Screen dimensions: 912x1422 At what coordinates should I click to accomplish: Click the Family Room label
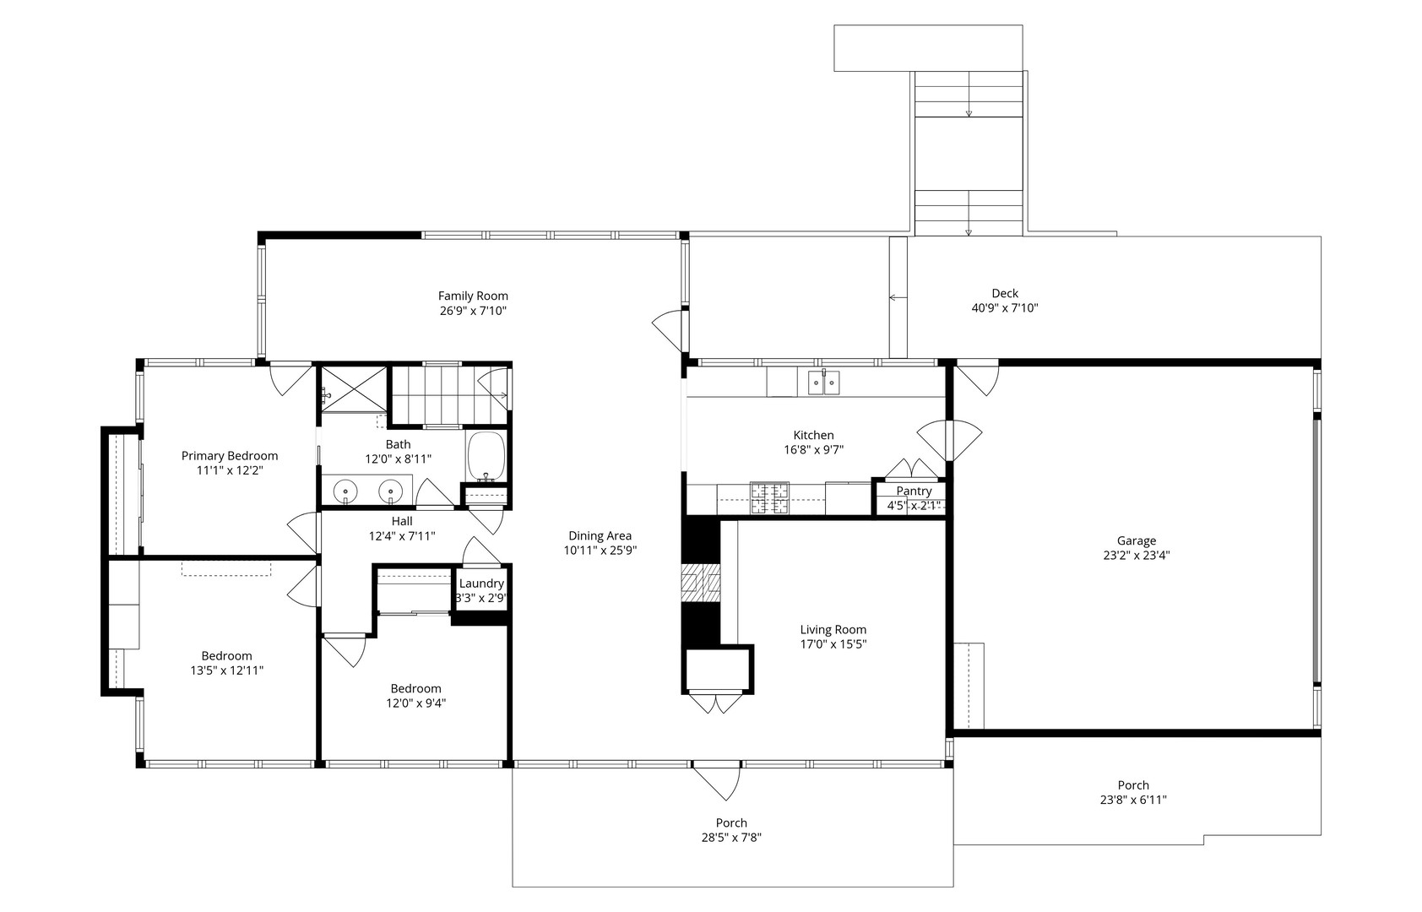[473, 296]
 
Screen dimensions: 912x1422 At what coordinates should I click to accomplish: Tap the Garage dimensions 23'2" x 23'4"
[1136, 556]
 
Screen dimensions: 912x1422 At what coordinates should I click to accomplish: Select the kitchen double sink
[823, 383]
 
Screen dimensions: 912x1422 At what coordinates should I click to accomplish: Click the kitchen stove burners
[769, 497]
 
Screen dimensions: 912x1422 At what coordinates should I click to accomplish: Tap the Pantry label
[914, 491]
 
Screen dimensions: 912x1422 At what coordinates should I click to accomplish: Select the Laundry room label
[481, 584]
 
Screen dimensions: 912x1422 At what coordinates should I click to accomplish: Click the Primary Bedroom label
[230, 456]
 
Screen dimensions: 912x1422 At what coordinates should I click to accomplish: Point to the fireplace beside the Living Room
[701, 584]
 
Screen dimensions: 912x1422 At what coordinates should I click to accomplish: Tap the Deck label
[1005, 294]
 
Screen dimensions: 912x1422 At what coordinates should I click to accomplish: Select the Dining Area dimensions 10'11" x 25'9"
[600, 551]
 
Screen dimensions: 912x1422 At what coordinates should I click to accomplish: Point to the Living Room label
[833, 629]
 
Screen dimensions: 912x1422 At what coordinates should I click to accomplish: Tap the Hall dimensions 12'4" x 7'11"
[402, 535]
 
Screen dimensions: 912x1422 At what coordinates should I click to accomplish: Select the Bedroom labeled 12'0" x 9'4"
[415, 688]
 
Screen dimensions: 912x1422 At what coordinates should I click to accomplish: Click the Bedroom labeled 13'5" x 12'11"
[226, 656]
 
